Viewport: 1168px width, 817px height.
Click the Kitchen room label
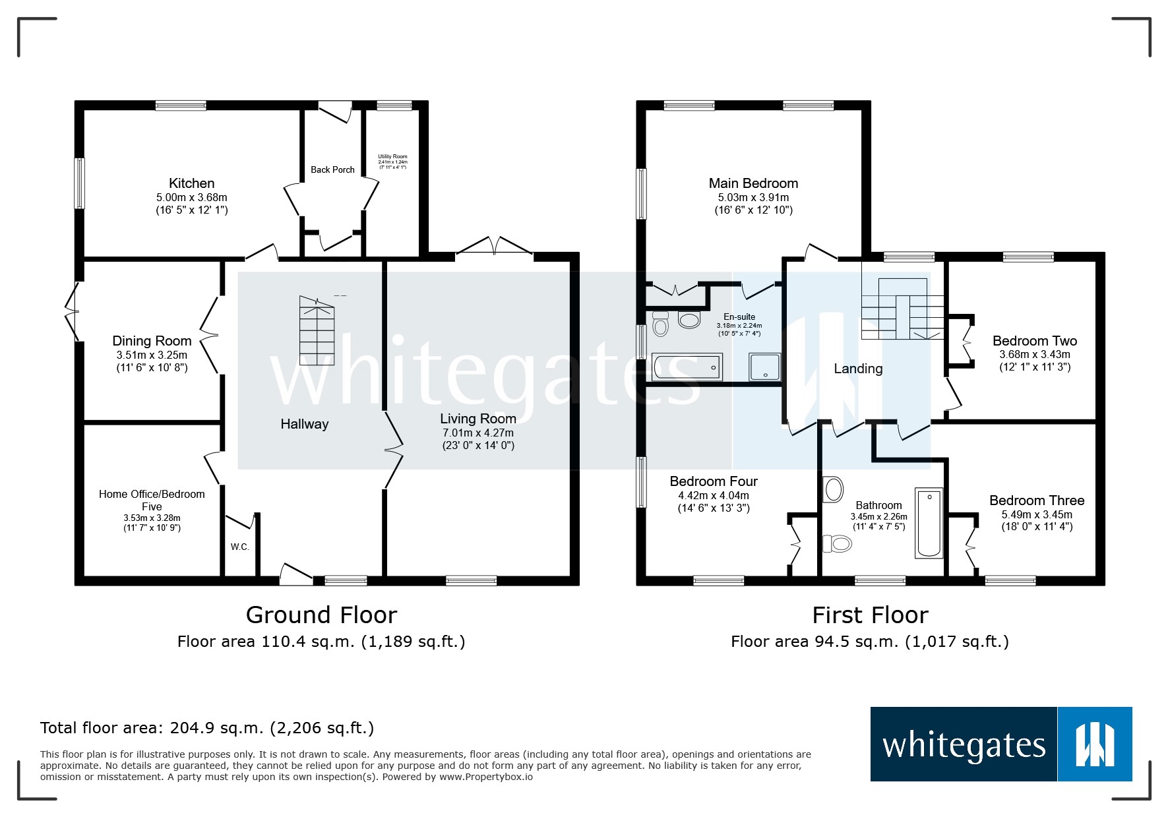[191, 183]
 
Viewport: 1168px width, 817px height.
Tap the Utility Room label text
[392, 157]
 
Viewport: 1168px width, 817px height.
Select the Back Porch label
[332, 169]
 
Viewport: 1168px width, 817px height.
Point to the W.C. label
[239, 547]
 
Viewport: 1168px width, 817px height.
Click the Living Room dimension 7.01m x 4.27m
[477, 433]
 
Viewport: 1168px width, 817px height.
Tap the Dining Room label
[152, 341]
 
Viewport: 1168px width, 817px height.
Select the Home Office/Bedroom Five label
[152, 500]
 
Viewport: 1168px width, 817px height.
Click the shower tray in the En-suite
[764, 367]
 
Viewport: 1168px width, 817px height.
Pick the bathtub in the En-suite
[687, 367]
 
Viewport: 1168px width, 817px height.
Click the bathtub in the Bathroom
[929, 524]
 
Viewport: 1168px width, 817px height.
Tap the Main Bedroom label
[753, 183]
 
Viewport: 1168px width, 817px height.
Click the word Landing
[858, 369]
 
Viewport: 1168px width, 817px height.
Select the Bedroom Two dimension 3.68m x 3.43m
[1034, 354]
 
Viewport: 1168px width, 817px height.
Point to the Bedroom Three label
[1036, 500]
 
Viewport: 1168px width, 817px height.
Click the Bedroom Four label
[714, 481]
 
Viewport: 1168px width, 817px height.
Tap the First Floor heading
[870, 615]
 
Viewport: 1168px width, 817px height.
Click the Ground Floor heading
[321, 615]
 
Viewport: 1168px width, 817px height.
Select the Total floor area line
[207, 728]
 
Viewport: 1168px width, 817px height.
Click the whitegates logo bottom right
[1000, 744]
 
